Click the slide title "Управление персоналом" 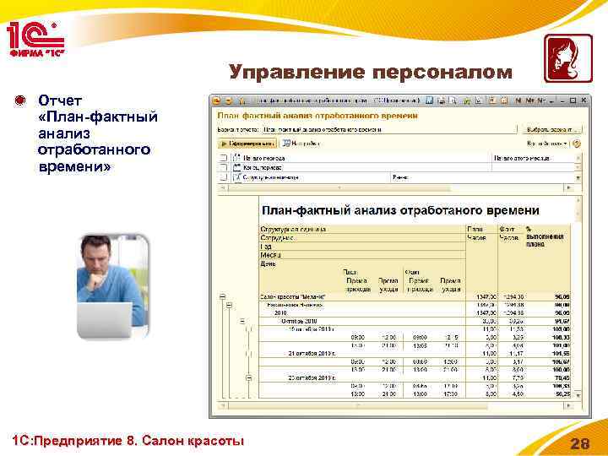tap(371, 73)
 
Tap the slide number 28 tap(579, 442)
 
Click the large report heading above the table tap(400, 209)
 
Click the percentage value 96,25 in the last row tap(561, 393)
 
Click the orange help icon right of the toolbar tap(577, 144)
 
